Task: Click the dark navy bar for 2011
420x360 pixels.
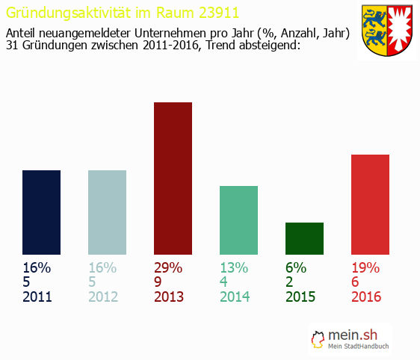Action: pos(41,212)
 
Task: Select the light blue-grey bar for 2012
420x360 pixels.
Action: pos(107,212)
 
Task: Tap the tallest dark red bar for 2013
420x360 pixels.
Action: pos(173,178)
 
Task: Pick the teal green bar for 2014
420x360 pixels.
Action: pos(238,220)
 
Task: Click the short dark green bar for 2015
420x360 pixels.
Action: pos(304,238)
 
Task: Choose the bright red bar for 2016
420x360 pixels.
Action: pos(370,204)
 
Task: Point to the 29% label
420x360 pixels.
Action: pos(168,268)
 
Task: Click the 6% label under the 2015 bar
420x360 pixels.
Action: pos(296,268)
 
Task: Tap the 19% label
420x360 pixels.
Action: pos(365,268)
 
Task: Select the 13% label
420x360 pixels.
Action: pos(234,268)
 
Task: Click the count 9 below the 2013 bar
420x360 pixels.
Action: pos(158,282)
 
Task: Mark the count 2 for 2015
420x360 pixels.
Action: pos(290,282)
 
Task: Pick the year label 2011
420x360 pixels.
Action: pos(37,297)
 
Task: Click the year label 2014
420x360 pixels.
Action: pos(235,297)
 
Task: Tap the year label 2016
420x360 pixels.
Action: pos(366,297)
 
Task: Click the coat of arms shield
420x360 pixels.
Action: pos(387,31)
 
